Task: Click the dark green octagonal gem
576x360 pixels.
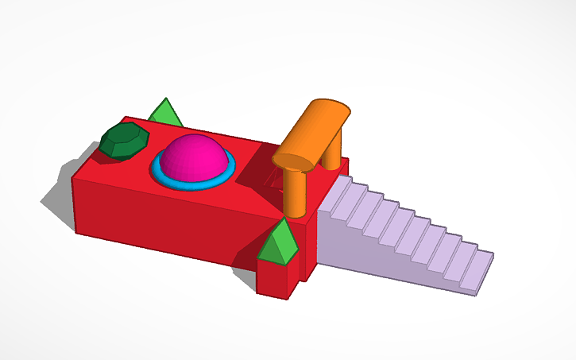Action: point(125,141)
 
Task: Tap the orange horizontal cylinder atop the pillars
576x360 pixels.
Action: point(322,127)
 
